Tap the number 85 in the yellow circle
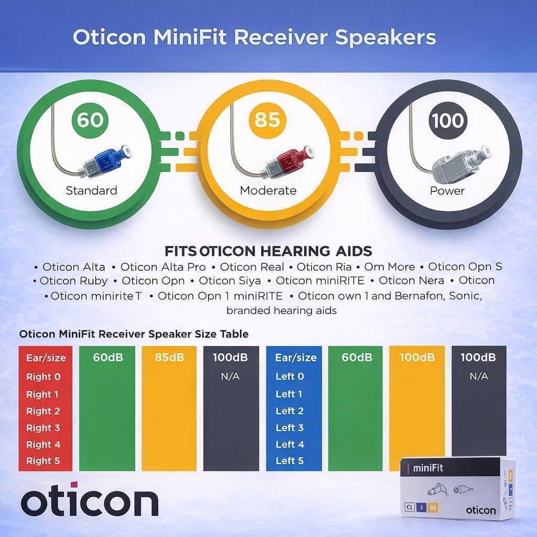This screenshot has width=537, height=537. [267, 120]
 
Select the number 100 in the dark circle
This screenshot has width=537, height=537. [447, 120]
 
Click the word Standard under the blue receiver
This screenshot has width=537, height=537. [91, 190]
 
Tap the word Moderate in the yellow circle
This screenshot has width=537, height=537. [268, 190]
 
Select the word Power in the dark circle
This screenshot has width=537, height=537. [447, 190]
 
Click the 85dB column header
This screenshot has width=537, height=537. [169, 358]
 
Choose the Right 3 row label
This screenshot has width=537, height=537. [44, 427]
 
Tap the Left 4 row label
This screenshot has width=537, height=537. [289, 444]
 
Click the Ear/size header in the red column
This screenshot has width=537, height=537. [46, 358]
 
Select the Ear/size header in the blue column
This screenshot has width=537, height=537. [296, 358]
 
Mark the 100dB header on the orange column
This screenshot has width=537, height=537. [417, 358]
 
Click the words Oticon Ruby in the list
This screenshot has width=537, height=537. [73, 281]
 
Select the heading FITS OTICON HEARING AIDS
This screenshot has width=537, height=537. [268, 250]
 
